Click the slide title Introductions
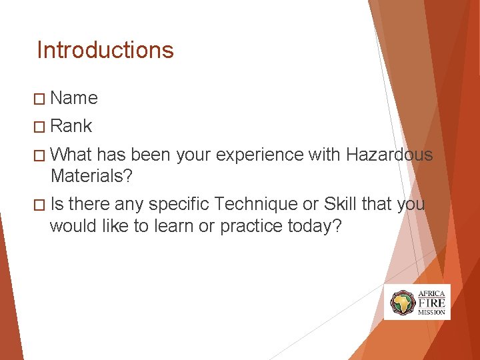105,50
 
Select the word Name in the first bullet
74,98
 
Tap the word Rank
71,126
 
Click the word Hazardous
389,155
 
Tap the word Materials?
91,177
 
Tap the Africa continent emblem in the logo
403,303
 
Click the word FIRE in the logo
431,302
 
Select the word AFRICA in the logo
431,293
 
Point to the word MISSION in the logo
431,312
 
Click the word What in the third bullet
71,155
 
